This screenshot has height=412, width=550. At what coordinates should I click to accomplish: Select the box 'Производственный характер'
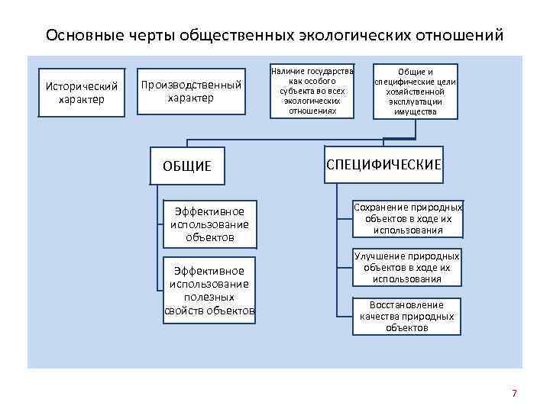point(190,92)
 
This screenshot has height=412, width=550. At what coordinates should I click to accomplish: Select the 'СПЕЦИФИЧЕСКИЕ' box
point(384,165)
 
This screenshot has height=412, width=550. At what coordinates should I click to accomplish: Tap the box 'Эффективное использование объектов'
point(209,224)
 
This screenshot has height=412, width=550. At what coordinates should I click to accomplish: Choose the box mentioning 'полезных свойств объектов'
point(209,291)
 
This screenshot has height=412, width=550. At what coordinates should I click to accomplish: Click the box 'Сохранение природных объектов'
point(408,218)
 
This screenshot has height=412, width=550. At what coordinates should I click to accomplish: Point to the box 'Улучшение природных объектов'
point(406,268)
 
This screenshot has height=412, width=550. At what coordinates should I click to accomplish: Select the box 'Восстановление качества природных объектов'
point(407,316)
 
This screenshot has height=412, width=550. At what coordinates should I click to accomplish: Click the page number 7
point(514,394)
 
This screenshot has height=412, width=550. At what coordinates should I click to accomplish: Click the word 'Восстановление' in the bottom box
point(407,305)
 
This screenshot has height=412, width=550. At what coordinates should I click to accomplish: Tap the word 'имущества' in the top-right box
point(416,111)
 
